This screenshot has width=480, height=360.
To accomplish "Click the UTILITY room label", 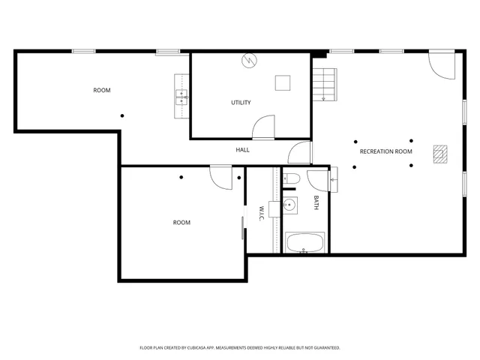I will click(241, 103).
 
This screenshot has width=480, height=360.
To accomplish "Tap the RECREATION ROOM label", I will click(386, 151).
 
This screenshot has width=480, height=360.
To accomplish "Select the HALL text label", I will click(243, 150).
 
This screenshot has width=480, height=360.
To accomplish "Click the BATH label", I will click(316, 202).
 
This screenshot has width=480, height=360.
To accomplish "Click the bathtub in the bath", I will click(304, 242).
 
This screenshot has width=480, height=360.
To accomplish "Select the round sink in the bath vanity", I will click(289, 204).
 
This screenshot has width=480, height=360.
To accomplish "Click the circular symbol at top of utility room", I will click(247, 61).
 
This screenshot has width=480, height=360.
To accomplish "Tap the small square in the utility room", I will click(282, 82).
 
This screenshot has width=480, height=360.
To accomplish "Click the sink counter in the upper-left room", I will click(181, 95).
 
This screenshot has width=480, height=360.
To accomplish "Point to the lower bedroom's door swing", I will click(221, 177).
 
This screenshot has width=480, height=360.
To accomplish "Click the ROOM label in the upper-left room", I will click(102, 91).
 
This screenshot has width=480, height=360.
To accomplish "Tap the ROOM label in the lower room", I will click(181, 223).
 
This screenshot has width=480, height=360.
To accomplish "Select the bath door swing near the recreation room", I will click(318, 179).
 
